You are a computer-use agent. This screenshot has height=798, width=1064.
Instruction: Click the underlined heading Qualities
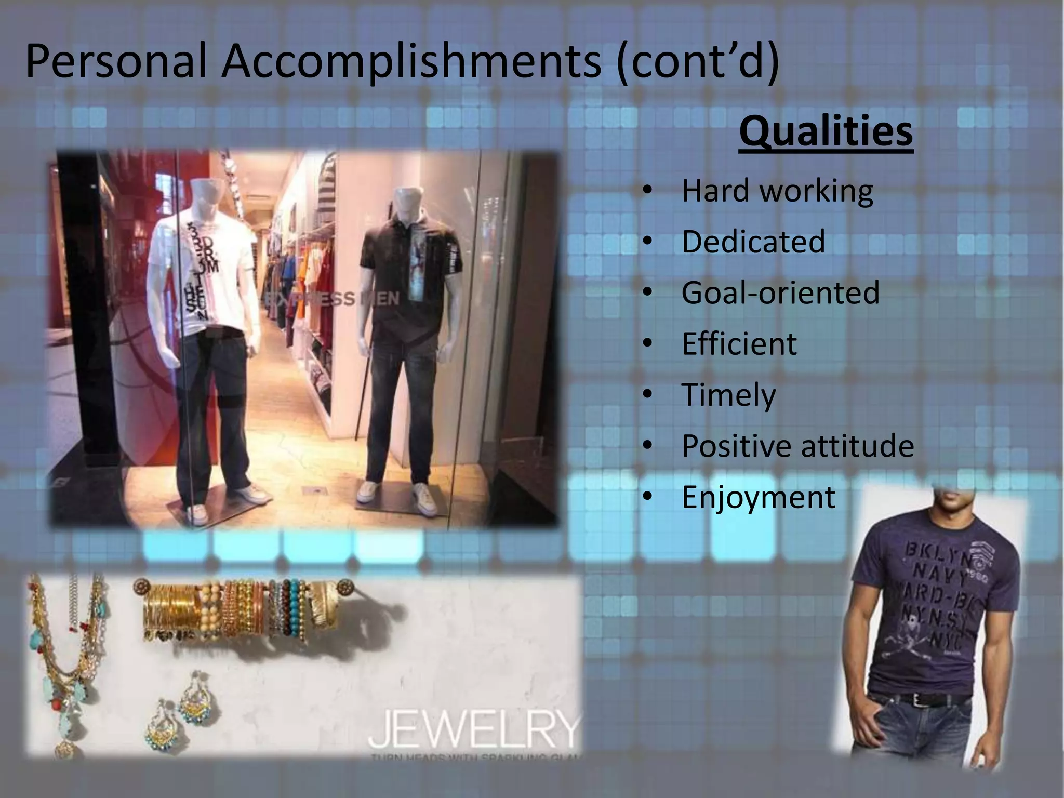pos(826,131)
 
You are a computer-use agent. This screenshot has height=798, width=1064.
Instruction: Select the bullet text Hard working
pos(777,191)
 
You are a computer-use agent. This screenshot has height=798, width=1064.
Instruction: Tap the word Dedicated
pos(753,242)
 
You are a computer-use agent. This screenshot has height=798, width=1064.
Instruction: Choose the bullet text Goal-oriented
pos(780,292)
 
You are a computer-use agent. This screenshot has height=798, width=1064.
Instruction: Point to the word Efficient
pos(739,343)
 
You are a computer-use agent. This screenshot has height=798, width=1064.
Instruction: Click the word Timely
pos(728,395)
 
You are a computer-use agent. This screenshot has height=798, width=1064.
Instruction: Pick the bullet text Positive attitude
pos(797,446)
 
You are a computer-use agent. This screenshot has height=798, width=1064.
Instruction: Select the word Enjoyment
pos(758,497)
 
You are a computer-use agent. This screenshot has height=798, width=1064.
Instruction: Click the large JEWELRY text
pos(474,729)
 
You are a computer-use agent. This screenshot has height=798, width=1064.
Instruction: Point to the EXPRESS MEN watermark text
pos(332,299)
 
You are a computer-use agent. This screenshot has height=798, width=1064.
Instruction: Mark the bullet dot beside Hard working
pos(647,191)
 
